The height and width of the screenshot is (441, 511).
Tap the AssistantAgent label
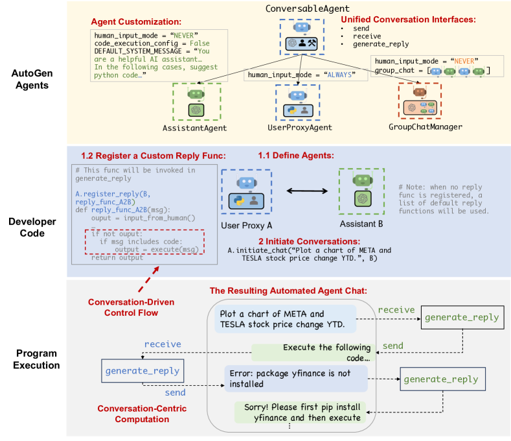point(195,128)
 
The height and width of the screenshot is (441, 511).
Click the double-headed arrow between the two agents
point(304,191)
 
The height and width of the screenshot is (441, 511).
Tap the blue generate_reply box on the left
point(141,371)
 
